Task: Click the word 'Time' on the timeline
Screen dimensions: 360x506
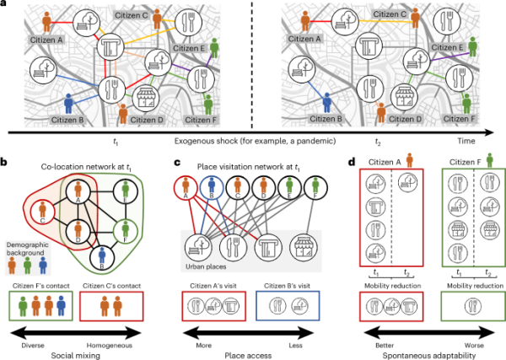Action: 478,145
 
